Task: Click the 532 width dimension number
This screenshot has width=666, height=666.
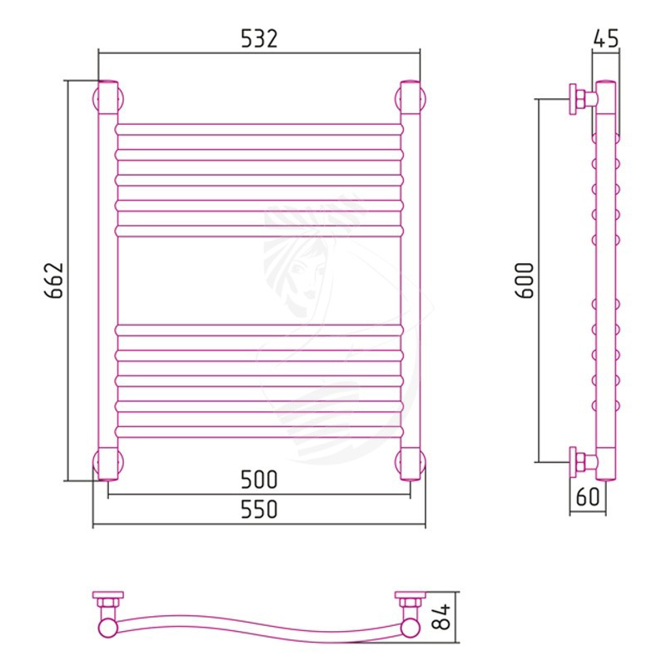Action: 259,38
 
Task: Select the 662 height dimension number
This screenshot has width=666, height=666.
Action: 54,281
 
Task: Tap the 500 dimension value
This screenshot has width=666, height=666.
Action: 259,480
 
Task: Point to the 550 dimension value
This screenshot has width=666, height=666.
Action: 259,509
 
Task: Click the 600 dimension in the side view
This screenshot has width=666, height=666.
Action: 524,281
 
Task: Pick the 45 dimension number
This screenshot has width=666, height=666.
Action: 606,38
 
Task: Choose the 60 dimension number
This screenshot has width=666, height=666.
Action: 588,496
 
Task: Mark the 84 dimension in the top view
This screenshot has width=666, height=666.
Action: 440,617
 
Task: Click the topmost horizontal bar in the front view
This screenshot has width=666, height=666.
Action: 259,130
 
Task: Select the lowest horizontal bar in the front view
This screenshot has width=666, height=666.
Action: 259,432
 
